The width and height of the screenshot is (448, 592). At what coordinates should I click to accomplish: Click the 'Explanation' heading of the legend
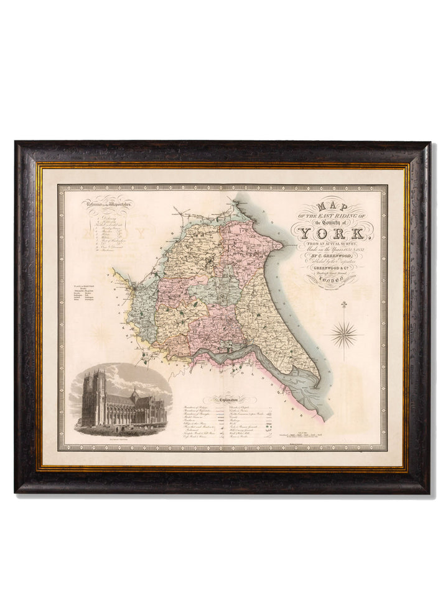[x=225, y=399]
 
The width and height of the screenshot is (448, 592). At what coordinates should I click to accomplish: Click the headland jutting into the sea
[x=281, y=245]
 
